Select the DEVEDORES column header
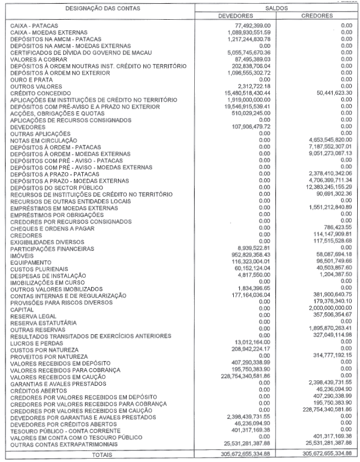235,16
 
